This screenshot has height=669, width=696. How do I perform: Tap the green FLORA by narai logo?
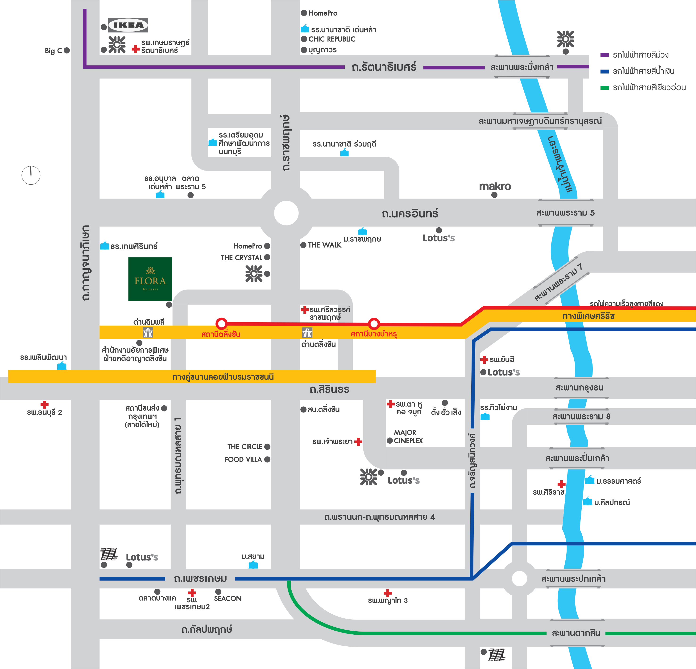(150, 279)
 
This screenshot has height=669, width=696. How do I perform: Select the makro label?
(495, 186)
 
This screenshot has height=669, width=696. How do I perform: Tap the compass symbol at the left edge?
(31, 175)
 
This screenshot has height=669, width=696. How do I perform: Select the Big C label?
(53, 51)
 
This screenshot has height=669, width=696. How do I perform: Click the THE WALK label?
(325, 245)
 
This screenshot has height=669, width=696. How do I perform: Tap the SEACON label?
(228, 598)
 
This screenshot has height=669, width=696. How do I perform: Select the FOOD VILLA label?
(243, 459)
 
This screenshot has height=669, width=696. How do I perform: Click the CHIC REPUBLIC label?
(332, 39)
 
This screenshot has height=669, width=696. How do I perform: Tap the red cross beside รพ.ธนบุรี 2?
(44, 405)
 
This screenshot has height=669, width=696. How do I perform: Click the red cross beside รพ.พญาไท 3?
(388, 593)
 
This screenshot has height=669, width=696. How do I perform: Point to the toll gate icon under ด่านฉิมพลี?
(148, 332)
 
